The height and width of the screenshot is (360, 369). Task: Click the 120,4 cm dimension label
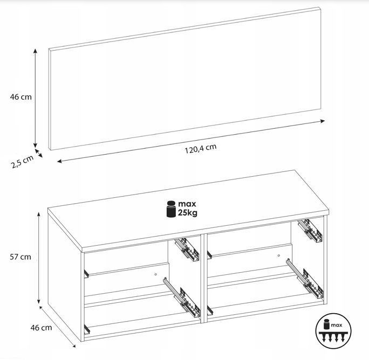(200, 149)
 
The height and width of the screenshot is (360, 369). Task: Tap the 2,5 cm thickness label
(22, 162)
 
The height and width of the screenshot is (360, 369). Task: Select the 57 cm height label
(20, 257)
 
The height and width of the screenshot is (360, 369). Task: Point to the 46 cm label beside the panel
(20, 97)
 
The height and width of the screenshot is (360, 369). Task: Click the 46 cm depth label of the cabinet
(41, 328)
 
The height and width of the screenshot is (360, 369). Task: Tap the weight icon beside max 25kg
(171, 209)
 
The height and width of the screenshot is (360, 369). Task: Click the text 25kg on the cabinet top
(188, 213)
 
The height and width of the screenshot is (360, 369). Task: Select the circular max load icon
(333, 331)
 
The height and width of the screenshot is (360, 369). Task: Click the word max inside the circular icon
(336, 325)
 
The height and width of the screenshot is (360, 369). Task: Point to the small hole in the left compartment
(155, 274)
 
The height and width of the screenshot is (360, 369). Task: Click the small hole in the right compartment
(278, 255)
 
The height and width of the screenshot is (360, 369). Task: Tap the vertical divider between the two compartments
(203, 279)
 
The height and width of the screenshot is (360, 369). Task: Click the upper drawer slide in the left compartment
(187, 250)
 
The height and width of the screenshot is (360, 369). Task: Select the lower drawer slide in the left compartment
(182, 297)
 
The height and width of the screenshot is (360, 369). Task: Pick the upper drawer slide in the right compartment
(310, 231)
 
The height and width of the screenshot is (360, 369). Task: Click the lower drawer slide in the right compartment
(305, 278)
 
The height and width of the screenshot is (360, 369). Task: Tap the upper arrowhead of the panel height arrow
(35, 51)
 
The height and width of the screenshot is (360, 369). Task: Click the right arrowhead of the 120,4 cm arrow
(323, 121)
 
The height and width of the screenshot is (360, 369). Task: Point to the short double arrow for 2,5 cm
(39, 153)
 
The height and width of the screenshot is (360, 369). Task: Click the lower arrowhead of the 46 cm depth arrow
(74, 345)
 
